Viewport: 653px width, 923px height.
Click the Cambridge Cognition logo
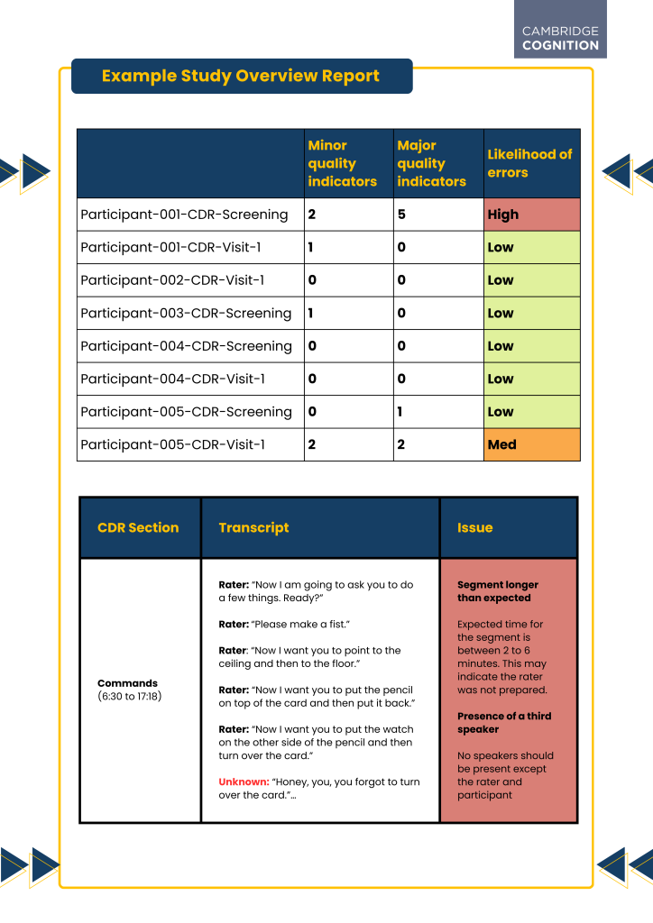click(x=560, y=38)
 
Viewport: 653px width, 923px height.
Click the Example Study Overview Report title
click(x=240, y=77)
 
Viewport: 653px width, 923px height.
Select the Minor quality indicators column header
click(x=342, y=163)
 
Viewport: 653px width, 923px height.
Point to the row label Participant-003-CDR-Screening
click(x=186, y=313)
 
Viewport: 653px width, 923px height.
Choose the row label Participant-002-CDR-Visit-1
click(x=172, y=280)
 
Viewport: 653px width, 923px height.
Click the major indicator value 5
click(x=401, y=215)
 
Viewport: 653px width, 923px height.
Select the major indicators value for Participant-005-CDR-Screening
click(x=401, y=412)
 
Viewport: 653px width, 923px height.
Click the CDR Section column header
click(x=138, y=528)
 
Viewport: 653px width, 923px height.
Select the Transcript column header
click(x=253, y=528)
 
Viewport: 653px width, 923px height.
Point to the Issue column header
click(x=475, y=528)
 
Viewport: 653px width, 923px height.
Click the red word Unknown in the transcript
click(x=244, y=782)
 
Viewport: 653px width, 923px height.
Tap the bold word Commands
click(x=127, y=683)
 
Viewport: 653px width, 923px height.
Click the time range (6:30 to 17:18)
click(x=129, y=697)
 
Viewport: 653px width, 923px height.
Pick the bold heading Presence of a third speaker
click(x=504, y=723)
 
